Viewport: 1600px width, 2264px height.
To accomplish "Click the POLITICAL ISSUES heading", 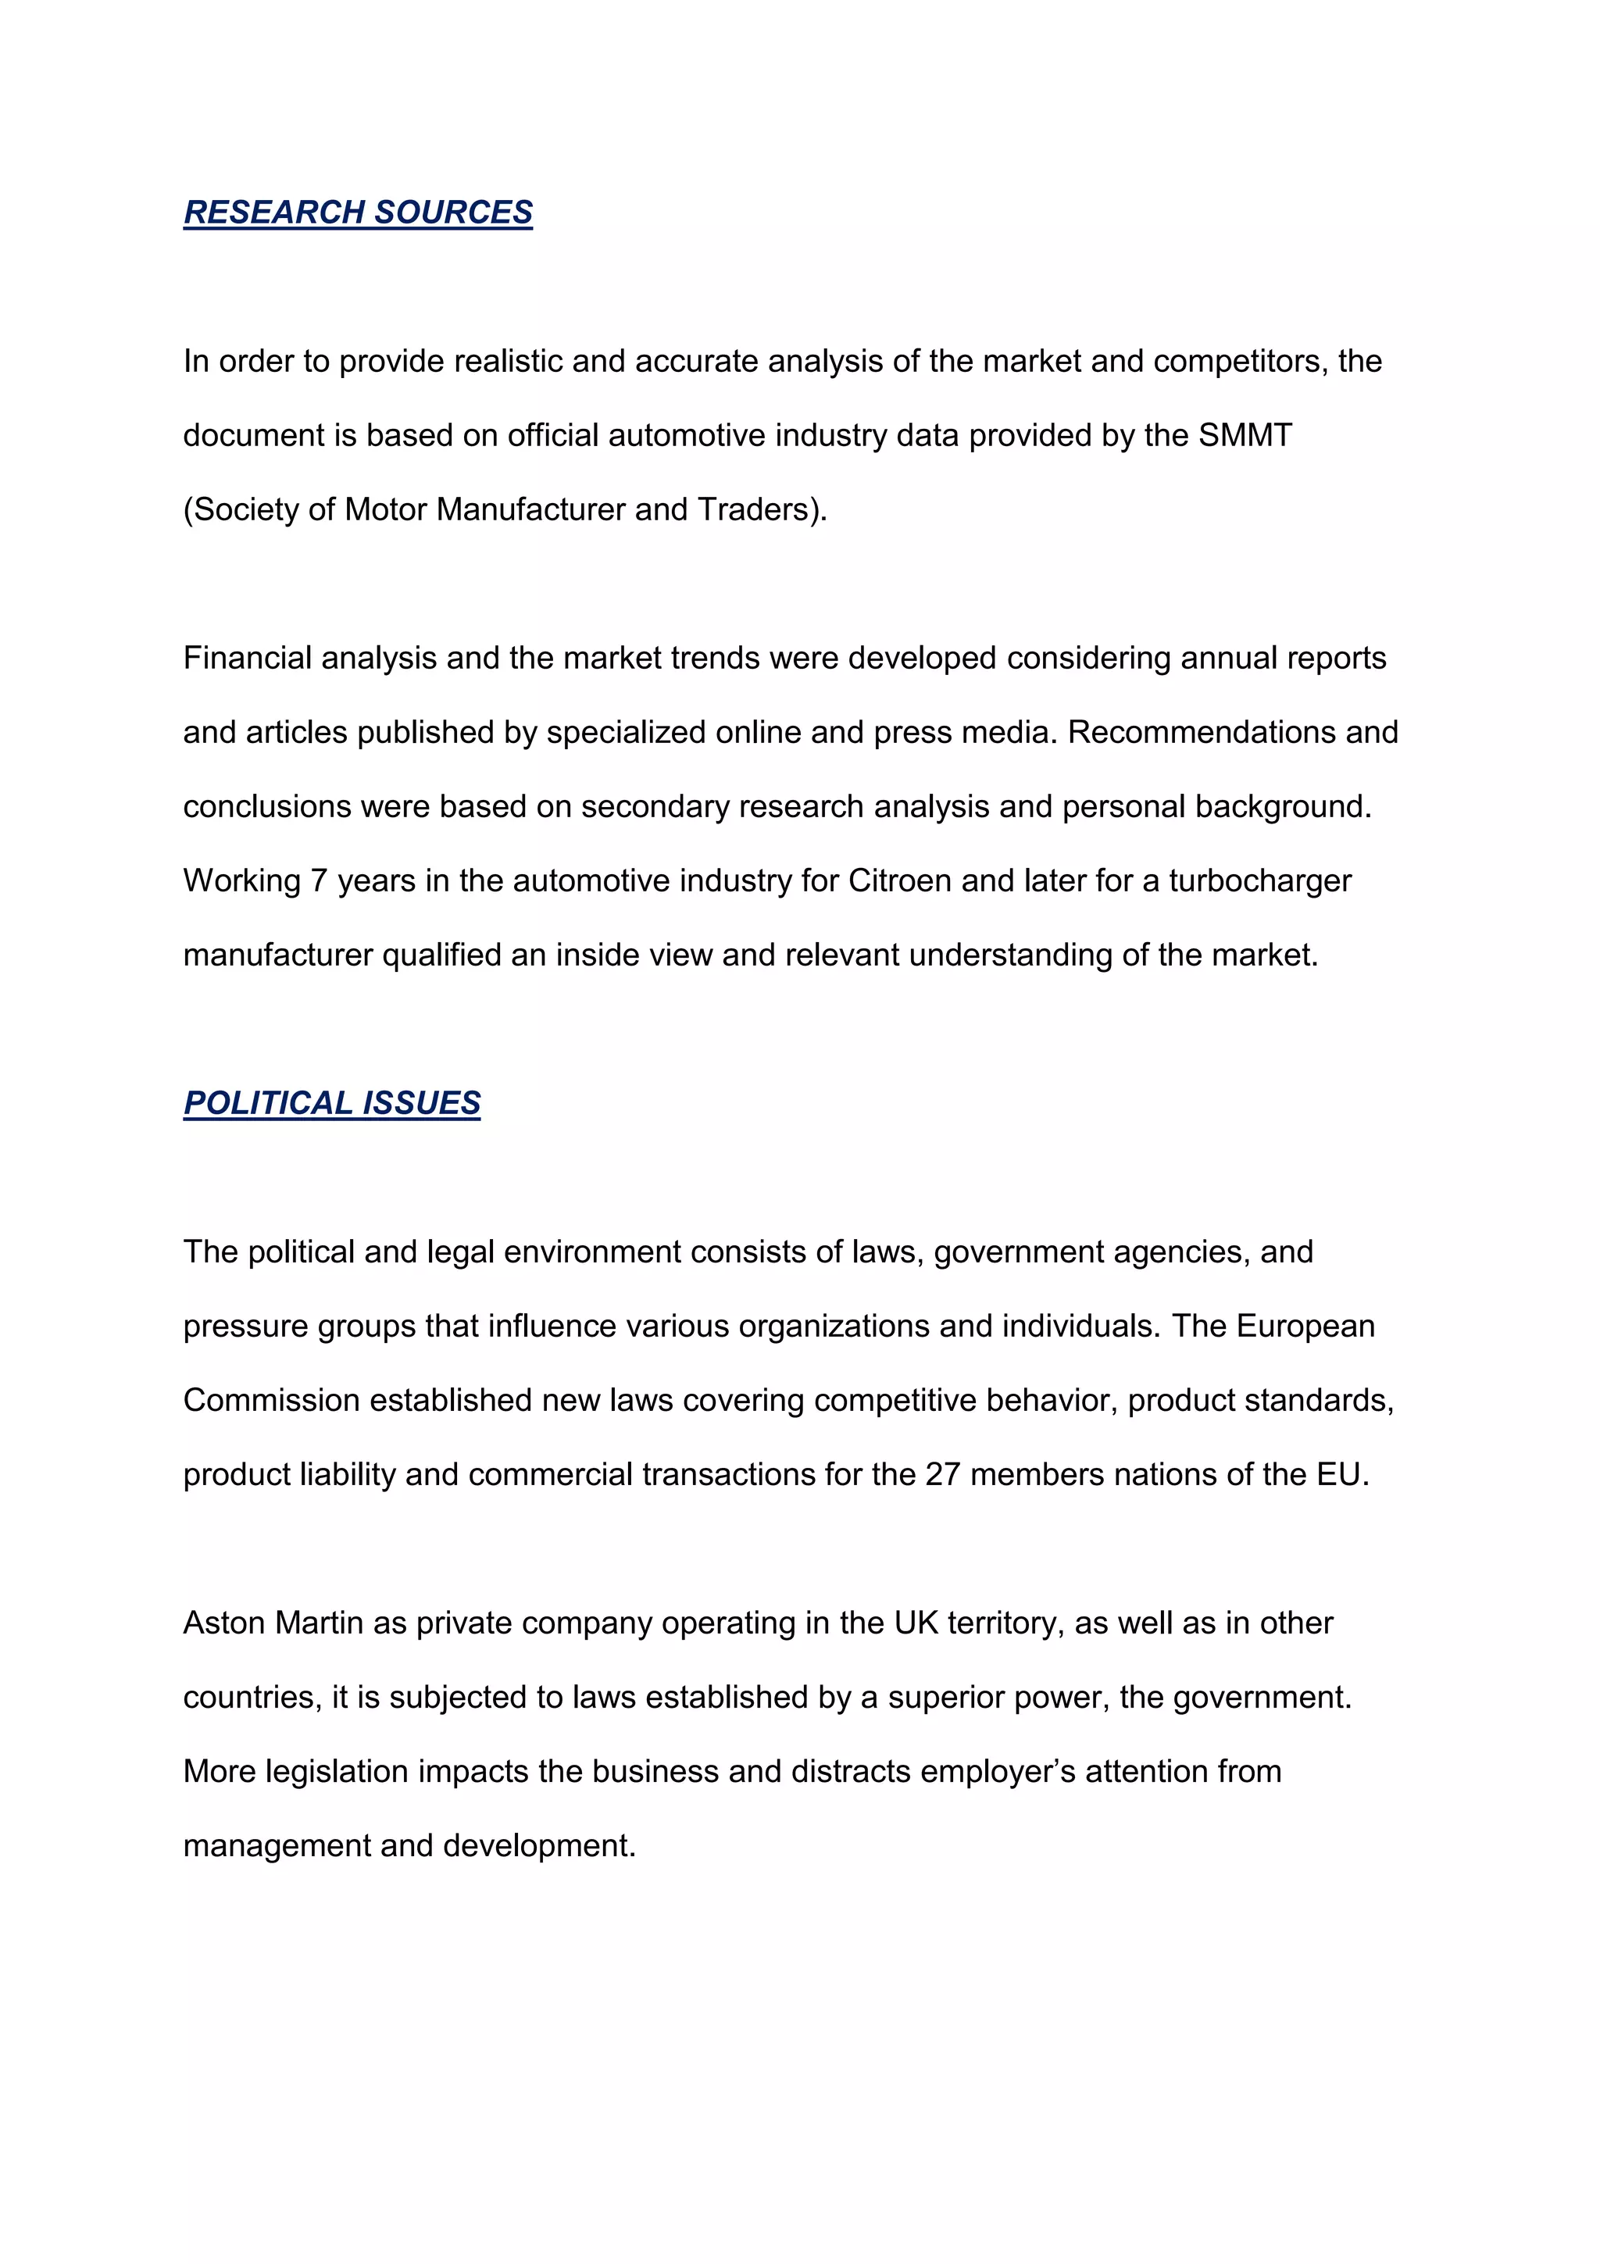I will point(331,1102).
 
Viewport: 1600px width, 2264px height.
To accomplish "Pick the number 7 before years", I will point(319,880).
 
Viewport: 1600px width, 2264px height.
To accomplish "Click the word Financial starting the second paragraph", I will point(248,658).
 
